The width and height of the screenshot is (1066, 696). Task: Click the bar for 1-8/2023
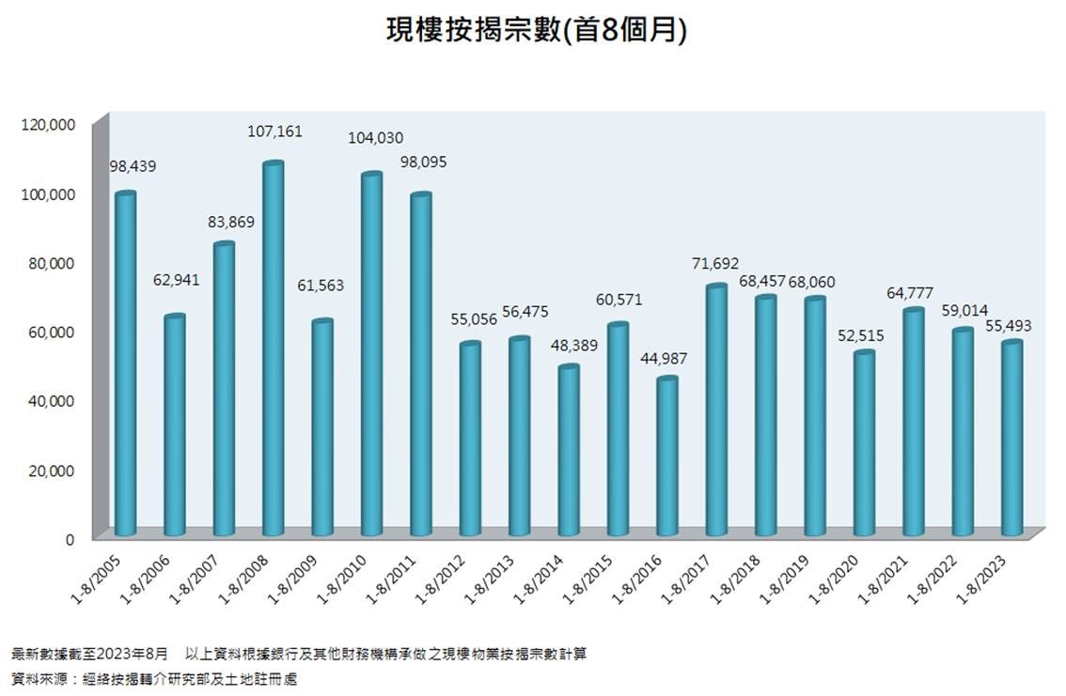click(1011, 439)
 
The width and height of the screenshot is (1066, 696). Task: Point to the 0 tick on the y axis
click(70, 539)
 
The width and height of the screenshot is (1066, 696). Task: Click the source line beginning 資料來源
click(154, 677)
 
